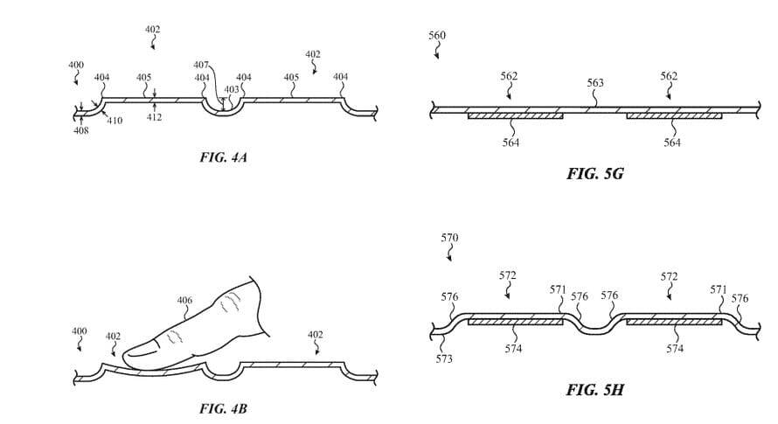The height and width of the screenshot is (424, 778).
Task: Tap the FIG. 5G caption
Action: pyautogui.click(x=595, y=174)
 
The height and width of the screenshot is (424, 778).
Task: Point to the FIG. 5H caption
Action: pyautogui.click(x=595, y=389)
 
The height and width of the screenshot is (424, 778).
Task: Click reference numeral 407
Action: pyautogui.click(x=201, y=65)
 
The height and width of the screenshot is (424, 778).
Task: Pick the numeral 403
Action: pyautogui.click(x=232, y=89)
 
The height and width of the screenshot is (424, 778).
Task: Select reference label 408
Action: pyautogui.click(x=81, y=130)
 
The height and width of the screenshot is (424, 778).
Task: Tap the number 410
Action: pyautogui.click(x=115, y=121)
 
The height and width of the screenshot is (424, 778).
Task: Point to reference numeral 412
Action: pyautogui.click(x=154, y=117)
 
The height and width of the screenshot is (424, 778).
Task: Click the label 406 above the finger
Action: pyautogui.click(x=184, y=301)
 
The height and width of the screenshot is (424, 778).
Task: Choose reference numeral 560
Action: pyautogui.click(x=437, y=35)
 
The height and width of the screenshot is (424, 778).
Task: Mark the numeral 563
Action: pyautogui.click(x=595, y=83)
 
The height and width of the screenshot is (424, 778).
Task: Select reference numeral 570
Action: pyautogui.click(x=449, y=238)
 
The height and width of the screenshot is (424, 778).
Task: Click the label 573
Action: pyautogui.click(x=443, y=359)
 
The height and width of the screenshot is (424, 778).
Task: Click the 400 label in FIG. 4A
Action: pyautogui.click(x=77, y=66)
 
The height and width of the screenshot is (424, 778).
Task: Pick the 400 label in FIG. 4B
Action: pyautogui.click(x=80, y=331)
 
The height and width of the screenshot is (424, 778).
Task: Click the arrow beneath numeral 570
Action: pyautogui.click(x=450, y=254)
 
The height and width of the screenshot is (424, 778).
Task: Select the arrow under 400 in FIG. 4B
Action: pyautogui.click(x=80, y=346)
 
